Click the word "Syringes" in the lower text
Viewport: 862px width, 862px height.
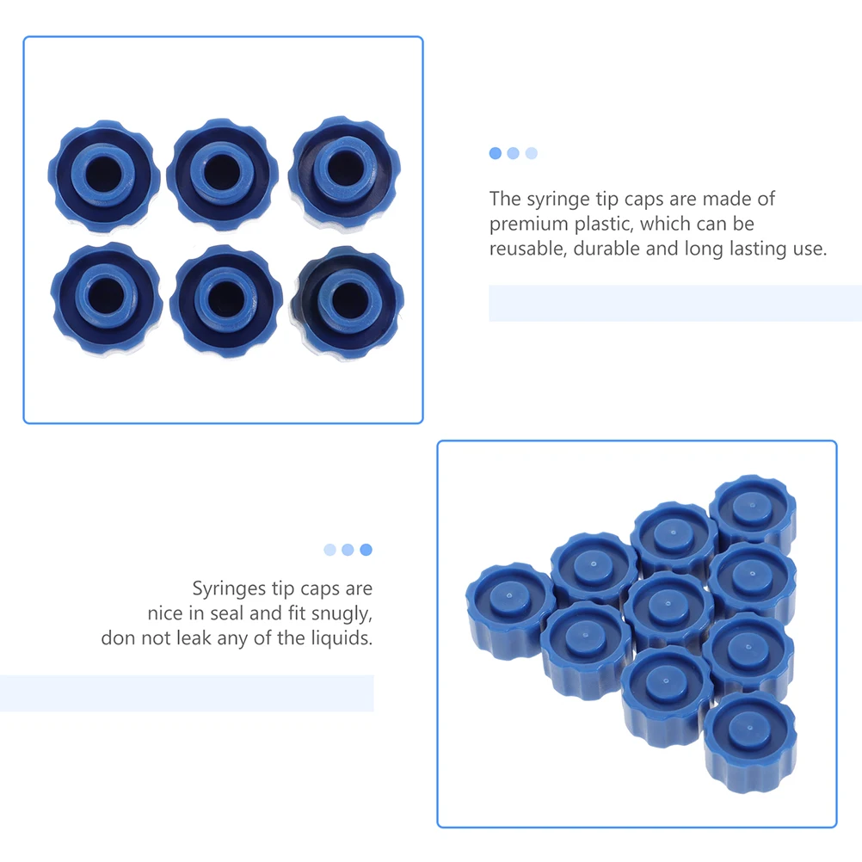pyautogui.click(x=228, y=589)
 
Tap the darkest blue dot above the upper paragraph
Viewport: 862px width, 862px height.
pyautogui.click(x=495, y=153)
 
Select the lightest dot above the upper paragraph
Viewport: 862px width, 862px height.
pyautogui.click(x=531, y=153)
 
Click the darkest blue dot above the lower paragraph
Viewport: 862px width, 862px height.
pyautogui.click(x=366, y=549)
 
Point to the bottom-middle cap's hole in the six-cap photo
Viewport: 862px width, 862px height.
pyautogui.click(x=226, y=299)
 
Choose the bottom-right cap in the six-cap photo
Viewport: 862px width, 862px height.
pyautogui.click(x=346, y=301)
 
